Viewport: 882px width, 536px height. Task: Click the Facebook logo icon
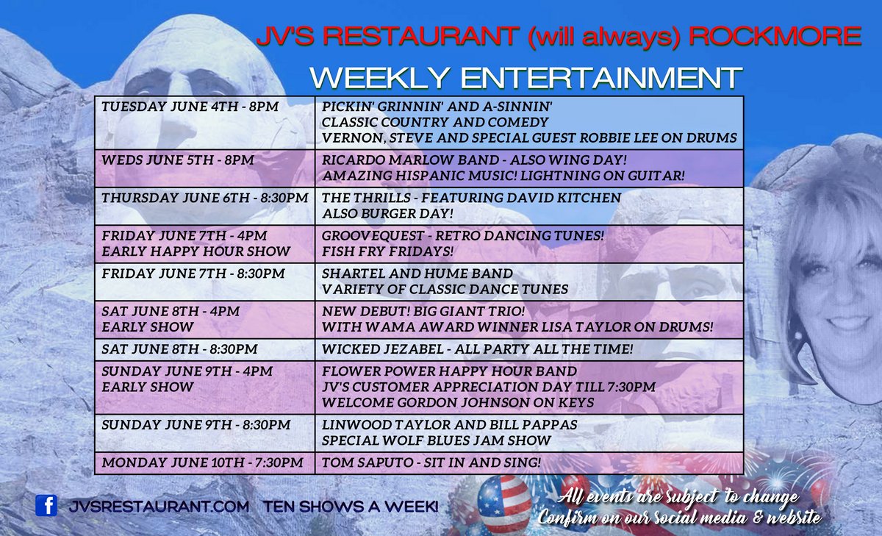(x=46, y=505)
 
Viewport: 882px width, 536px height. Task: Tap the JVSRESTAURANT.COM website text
(x=159, y=506)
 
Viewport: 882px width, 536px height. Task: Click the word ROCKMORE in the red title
(x=775, y=37)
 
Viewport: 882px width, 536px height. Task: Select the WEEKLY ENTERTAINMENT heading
(x=526, y=78)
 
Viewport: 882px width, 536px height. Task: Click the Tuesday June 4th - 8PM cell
(x=204, y=123)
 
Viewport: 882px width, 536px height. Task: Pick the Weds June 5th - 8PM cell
(x=204, y=168)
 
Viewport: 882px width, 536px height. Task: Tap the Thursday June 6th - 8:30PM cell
(x=204, y=206)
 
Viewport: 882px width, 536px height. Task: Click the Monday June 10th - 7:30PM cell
(x=204, y=462)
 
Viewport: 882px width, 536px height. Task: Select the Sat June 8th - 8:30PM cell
(x=204, y=349)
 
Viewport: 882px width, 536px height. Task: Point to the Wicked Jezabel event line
(x=477, y=349)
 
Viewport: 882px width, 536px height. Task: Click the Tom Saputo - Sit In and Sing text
(x=431, y=462)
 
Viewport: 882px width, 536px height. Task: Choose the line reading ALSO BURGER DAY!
(x=387, y=213)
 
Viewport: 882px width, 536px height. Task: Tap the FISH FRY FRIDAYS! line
(x=387, y=251)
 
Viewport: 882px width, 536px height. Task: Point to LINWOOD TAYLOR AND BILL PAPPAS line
(x=449, y=425)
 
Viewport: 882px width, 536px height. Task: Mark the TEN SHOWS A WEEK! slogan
(x=351, y=506)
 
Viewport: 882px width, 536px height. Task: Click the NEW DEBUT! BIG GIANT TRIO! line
(x=423, y=312)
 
